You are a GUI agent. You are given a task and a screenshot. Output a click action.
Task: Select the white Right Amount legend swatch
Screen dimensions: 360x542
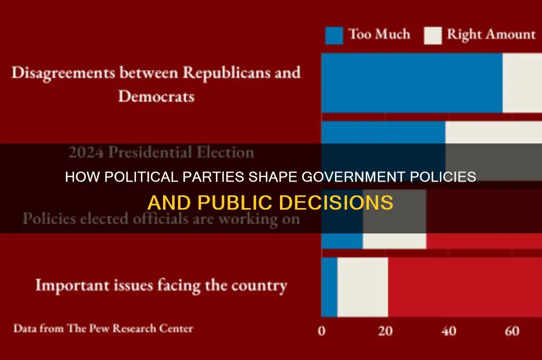click(x=432, y=35)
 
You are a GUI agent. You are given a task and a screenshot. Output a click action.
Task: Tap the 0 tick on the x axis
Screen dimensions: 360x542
click(x=322, y=332)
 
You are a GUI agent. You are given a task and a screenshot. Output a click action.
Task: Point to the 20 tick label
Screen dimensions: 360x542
click(x=385, y=332)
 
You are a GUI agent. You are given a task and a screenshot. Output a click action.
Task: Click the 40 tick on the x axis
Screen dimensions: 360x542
click(x=449, y=332)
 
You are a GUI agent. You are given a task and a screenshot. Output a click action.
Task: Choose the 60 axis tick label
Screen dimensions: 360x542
click(x=512, y=332)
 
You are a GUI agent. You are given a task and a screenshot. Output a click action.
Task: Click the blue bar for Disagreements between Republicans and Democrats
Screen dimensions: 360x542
click(x=411, y=83)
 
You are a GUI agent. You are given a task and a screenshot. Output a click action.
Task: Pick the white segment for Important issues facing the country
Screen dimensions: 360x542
click(x=362, y=286)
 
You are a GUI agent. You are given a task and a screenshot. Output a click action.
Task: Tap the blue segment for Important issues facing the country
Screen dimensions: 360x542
click(x=329, y=286)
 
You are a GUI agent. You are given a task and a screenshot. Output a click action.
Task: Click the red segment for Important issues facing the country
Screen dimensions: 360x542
click(x=465, y=286)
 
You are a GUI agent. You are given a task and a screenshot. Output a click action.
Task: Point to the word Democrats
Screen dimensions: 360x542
click(x=156, y=96)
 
